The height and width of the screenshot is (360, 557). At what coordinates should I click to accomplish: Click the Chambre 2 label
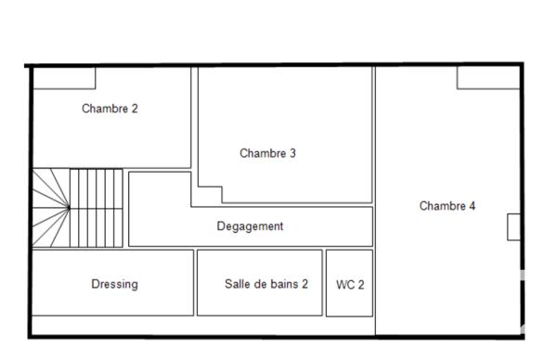[110, 109]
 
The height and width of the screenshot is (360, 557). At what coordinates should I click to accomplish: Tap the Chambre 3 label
[267, 153]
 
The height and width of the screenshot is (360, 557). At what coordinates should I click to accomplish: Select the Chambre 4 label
[447, 206]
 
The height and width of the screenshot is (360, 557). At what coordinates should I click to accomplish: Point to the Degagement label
[250, 226]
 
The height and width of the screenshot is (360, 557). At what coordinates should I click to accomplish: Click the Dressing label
[114, 284]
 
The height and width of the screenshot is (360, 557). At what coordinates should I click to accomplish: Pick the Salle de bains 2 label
[266, 284]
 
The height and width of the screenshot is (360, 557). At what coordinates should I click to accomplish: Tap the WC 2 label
[350, 285]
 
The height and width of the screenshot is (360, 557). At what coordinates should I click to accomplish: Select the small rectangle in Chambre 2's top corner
[65, 78]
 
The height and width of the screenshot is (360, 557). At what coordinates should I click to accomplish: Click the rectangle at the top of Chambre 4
[488, 78]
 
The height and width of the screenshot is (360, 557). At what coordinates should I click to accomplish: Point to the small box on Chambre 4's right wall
[513, 226]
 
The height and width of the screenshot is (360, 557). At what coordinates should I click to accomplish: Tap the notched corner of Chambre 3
[208, 195]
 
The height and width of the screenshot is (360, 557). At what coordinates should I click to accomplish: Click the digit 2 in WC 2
[360, 285]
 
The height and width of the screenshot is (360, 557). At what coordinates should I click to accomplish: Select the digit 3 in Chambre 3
[292, 153]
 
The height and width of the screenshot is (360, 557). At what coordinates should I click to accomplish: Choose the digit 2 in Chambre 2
[135, 109]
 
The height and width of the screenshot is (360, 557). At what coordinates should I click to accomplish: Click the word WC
[344, 285]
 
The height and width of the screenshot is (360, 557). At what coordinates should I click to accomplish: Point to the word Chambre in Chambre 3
[262, 153]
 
